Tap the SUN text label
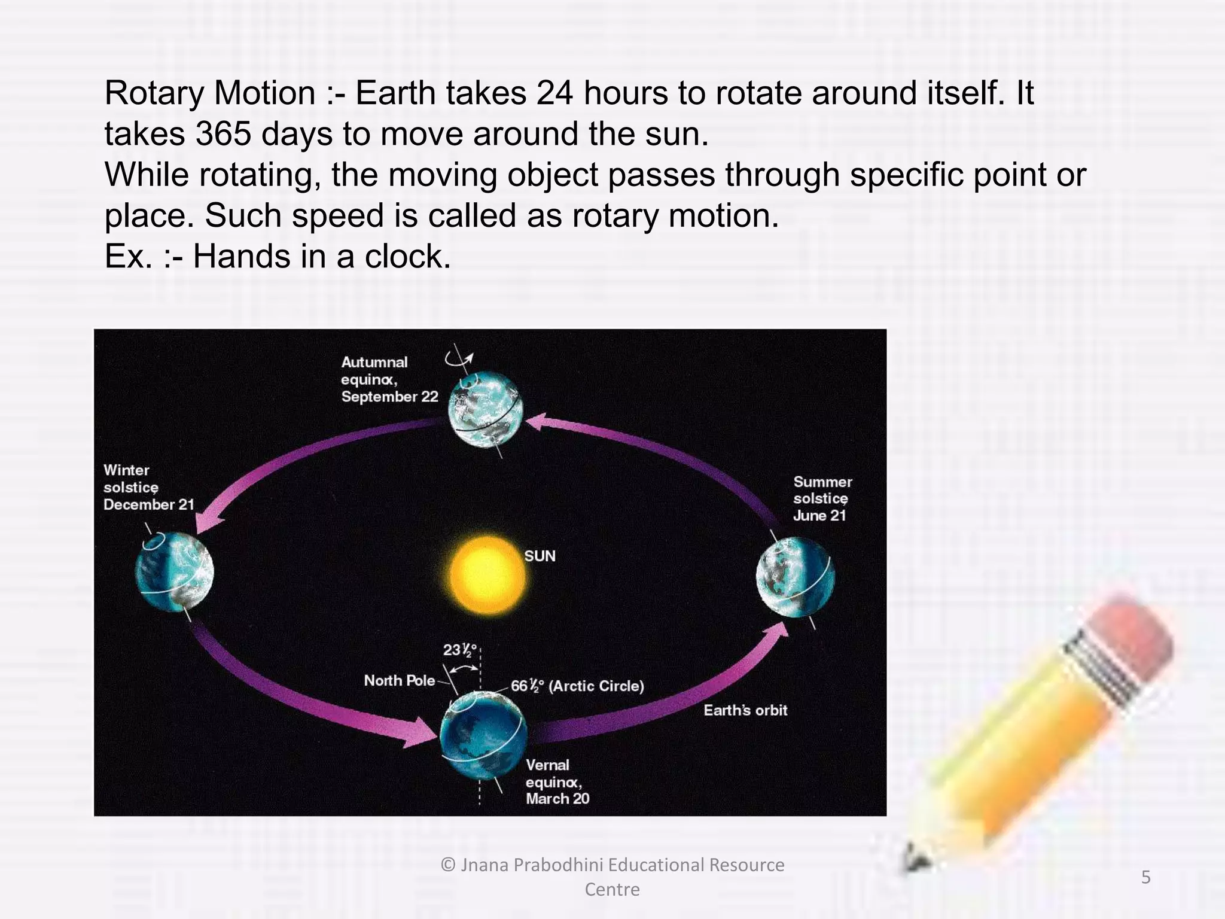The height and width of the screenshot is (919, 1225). tap(540, 556)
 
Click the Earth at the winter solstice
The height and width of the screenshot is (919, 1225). tap(174, 571)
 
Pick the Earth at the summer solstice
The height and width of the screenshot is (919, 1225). tap(795, 578)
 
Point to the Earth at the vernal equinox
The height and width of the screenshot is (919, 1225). tap(483, 735)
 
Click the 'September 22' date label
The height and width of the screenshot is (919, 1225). tap(389, 397)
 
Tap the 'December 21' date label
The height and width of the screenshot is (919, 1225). tap(148, 504)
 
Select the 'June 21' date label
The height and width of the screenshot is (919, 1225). tap(819, 516)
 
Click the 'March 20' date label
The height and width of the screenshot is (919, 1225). tap(557, 799)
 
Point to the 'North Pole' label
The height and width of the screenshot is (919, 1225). tap(399, 681)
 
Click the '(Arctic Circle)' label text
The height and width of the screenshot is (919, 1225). tap(596, 686)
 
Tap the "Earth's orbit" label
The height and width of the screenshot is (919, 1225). tap(745, 711)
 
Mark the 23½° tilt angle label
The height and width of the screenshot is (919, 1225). tap(460, 650)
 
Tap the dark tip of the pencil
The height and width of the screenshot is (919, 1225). tap(915, 859)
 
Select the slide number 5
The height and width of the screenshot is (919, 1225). tap(1145, 877)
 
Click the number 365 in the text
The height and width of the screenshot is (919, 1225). tap(223, 133)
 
